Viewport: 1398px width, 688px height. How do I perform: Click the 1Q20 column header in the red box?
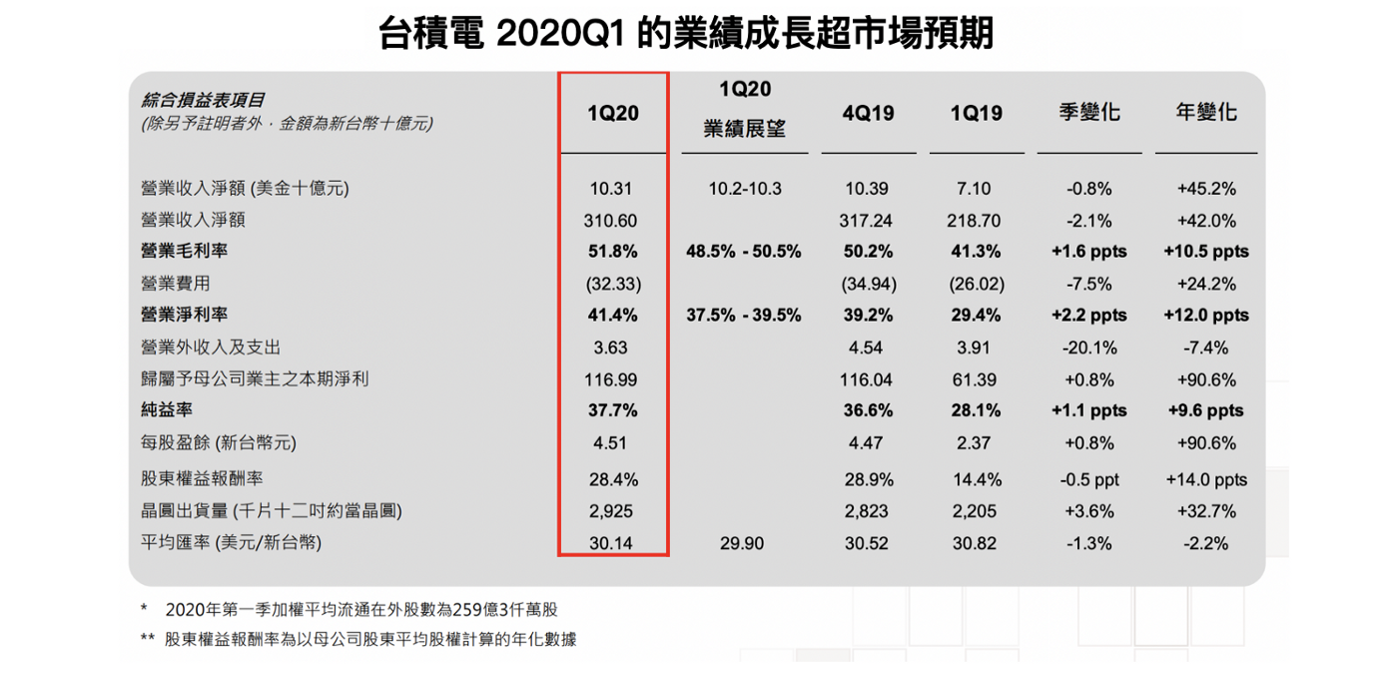(x=612, y=113)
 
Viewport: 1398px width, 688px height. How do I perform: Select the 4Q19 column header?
(x=868, y=113)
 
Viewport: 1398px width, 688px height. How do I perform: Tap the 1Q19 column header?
(x=976, y=113)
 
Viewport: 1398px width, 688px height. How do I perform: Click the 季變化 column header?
(x=1088, y=112)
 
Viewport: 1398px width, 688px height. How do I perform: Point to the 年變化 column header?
(x=1205, y=112)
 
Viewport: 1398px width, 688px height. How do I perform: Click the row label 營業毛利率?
(x=178, y=252)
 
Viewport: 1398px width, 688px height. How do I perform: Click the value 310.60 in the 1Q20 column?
(x=612, y=220)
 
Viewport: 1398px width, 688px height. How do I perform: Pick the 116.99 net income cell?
(x=612, y=379)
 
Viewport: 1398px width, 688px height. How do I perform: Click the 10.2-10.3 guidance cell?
(x=743, y=188)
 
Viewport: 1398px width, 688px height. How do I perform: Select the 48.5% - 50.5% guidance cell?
(x=743, y=252)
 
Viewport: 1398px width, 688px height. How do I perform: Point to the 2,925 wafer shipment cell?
(x=612, y=511)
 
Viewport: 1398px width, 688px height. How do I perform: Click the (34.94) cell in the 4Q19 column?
(x=868, y=284)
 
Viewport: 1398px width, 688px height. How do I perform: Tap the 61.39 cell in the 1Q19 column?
(x=976, y=379)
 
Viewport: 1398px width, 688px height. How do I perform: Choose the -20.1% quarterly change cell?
(x=1088, y=347)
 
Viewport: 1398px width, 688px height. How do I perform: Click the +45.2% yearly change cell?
(x=1205, y=188)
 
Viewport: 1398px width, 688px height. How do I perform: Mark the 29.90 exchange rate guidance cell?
(x=743, y=543)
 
